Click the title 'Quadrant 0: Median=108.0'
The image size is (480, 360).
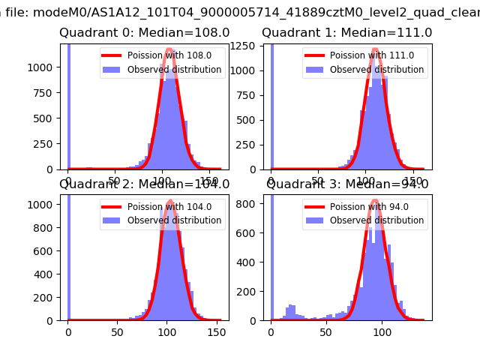pyautogui.click(x=145, y=33)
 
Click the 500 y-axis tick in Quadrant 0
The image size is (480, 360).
pyautogui.click(x=46, y=118)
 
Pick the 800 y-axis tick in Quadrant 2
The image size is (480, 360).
pyautogui.click(x=46, y=228)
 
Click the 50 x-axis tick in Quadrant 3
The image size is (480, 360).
pyautogui.click(x=326, y=332)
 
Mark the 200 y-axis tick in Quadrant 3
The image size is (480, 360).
pyautogui.click(x=252, y=291)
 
